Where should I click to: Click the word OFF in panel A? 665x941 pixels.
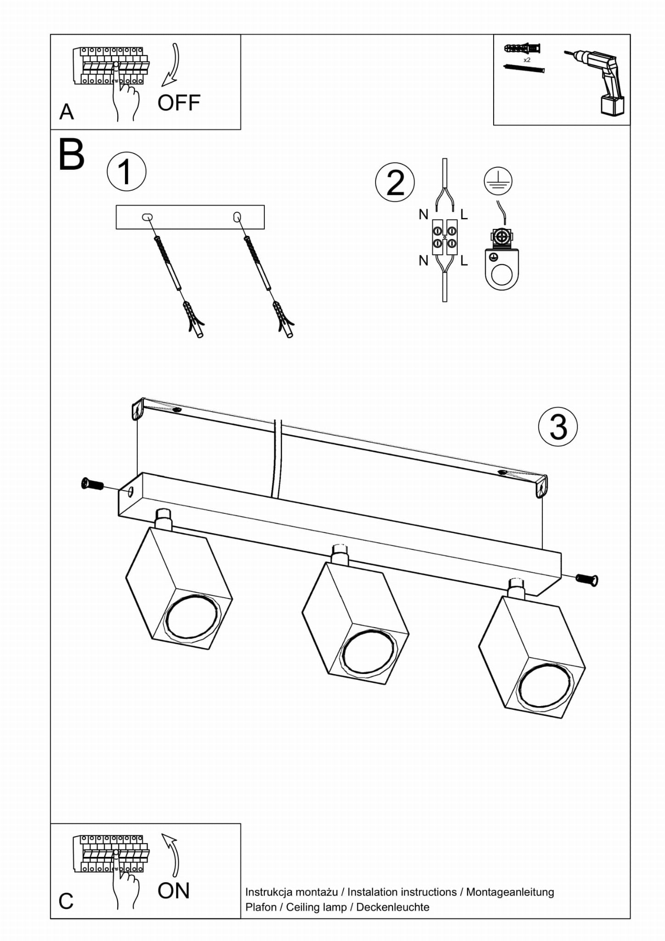[179, 103]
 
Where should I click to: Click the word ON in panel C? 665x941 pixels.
[173, 890]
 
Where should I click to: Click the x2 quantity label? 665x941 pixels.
[527, 60]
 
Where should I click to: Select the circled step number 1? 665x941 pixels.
[126, 171]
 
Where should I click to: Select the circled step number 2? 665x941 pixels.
[395, 182]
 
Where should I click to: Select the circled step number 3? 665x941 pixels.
[558, 427]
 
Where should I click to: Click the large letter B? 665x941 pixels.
[72, 155]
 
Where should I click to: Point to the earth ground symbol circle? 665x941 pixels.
[498, 181]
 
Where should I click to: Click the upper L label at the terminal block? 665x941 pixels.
[464, 215]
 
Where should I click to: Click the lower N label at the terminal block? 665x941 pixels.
[423, 261]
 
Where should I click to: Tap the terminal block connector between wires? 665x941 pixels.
[444, 237]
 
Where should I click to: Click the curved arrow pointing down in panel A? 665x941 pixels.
[172, 65]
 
